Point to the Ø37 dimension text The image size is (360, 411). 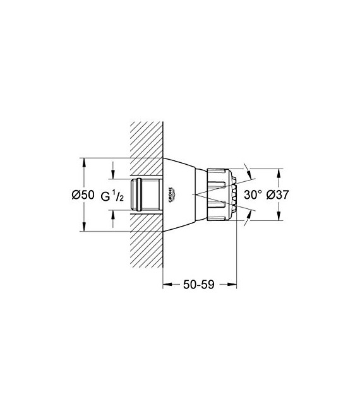point(278,195)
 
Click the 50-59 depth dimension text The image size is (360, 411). point(199,285)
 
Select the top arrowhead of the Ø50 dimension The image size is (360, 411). point(83,160)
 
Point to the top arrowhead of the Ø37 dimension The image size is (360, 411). point(279,171)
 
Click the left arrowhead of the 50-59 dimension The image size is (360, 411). point(167,285)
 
